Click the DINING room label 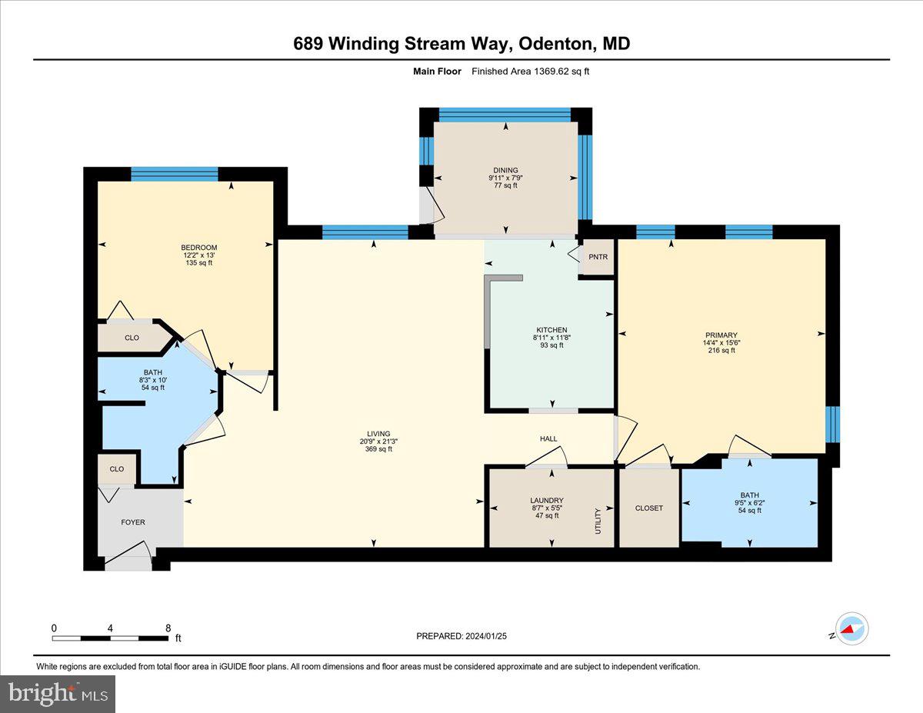click(505, 170)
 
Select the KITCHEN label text click(550, 330)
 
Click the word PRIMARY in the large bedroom click(721, 335)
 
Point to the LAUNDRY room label click(546, 500)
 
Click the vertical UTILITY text click(597, 521)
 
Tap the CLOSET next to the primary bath click(648, 508)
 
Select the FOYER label click(132, 522)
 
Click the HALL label click(548, 439)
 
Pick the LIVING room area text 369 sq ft click(378, 449)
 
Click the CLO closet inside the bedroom click(132, 338)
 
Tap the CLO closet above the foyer click(116, 468)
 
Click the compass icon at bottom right click(852, 628)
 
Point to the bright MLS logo click(58, 694)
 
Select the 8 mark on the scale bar click(168, 628)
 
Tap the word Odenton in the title click(553, 44)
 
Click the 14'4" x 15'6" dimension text click(721, 343)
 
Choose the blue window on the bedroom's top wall click(175, 174)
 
